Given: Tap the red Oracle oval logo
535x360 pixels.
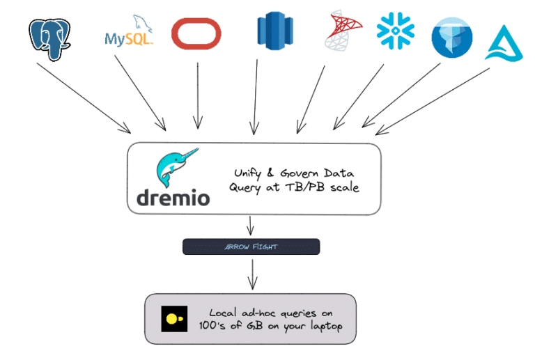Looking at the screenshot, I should tap(196, 33).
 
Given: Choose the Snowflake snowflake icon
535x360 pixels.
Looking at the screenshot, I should tap(396, 30).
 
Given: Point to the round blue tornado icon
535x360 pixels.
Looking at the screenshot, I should tap(452, 37).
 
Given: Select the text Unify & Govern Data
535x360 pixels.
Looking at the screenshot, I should tap(293, 173).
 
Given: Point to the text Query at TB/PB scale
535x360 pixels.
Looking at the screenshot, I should tap(294, 187).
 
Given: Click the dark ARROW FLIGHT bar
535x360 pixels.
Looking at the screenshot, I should tap(251, 246).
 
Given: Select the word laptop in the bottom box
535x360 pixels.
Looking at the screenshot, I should tap(323, 327).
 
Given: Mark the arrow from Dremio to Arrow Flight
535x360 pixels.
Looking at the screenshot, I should tap(251, 226).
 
